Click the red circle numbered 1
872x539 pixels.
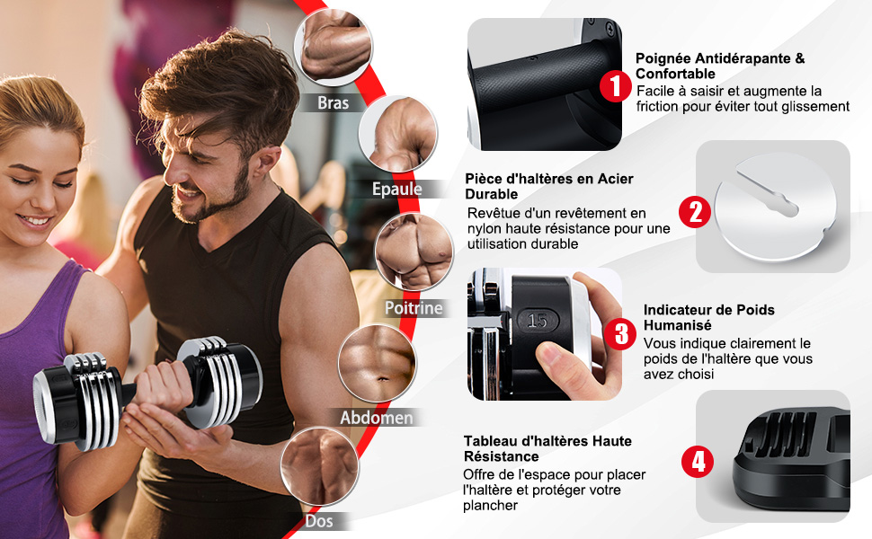point(615,86)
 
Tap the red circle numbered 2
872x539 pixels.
point(695,212)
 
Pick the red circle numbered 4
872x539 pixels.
point(698,461)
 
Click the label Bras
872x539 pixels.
point(334,102)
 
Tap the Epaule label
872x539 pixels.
point(397,189)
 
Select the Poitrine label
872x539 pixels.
point(414,308)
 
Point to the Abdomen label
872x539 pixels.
point(377,418)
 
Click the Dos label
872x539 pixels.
point(319,521)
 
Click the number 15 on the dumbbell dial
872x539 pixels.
point(538,320)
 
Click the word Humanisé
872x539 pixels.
point(677,325)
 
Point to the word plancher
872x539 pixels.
point(491,506)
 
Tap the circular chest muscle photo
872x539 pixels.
point(414,252)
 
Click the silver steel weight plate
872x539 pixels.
point(775,208)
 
